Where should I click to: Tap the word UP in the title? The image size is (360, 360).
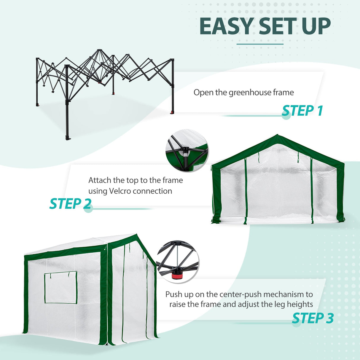pos(316,27)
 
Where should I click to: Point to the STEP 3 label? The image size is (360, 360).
pos(313,318)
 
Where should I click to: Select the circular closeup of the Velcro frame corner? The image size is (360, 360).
pos(187,150)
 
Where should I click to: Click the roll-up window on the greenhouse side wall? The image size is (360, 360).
pos(61,288)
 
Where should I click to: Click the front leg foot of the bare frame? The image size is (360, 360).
pos(68,138)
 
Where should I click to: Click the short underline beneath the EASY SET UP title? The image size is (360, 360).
pos(260,44)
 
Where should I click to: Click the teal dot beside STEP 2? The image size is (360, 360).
pos(88,208)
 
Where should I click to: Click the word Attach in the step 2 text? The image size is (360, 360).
pos(100,180)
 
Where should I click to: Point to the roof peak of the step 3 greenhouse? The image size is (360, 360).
pos(137,235)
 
